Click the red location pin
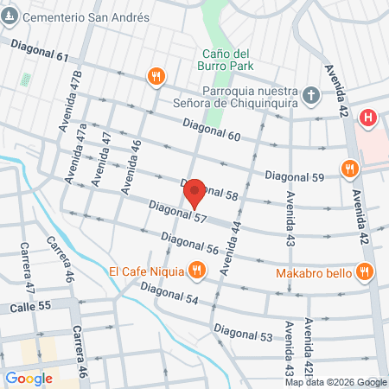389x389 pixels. (x=195, y=193)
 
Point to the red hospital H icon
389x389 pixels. (x=369, y=117)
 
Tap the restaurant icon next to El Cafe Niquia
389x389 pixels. (x=197, y=271)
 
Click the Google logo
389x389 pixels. (x=29, y=378)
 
